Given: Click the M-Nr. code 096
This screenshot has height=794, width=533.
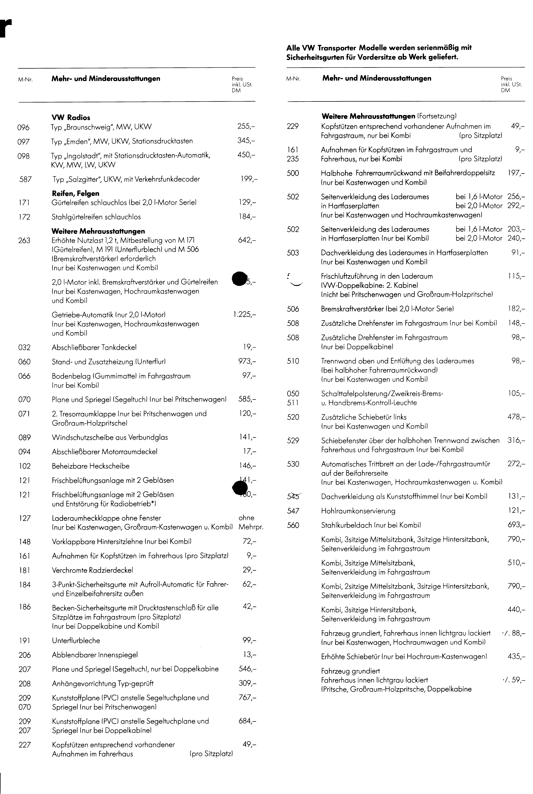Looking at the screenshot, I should (23, 128).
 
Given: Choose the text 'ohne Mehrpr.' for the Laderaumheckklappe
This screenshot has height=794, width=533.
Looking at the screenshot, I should (251, 522).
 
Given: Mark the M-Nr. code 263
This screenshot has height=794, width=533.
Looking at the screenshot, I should (24, 241).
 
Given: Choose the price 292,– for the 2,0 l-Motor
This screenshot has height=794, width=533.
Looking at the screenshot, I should (516, 206).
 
